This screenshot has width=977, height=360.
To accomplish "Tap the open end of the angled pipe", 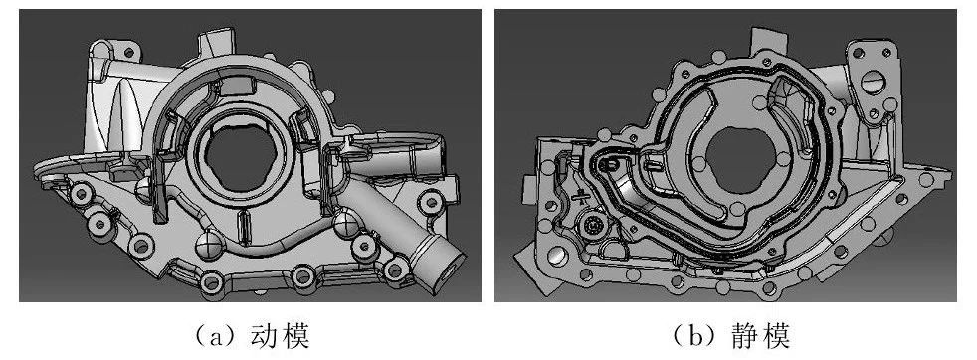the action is click(450, 266).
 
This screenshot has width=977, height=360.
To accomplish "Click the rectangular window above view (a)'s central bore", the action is click(236, 86).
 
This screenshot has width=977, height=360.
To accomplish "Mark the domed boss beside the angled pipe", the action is click(344, 223).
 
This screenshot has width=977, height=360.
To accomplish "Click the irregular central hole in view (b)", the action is click(739, 162).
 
